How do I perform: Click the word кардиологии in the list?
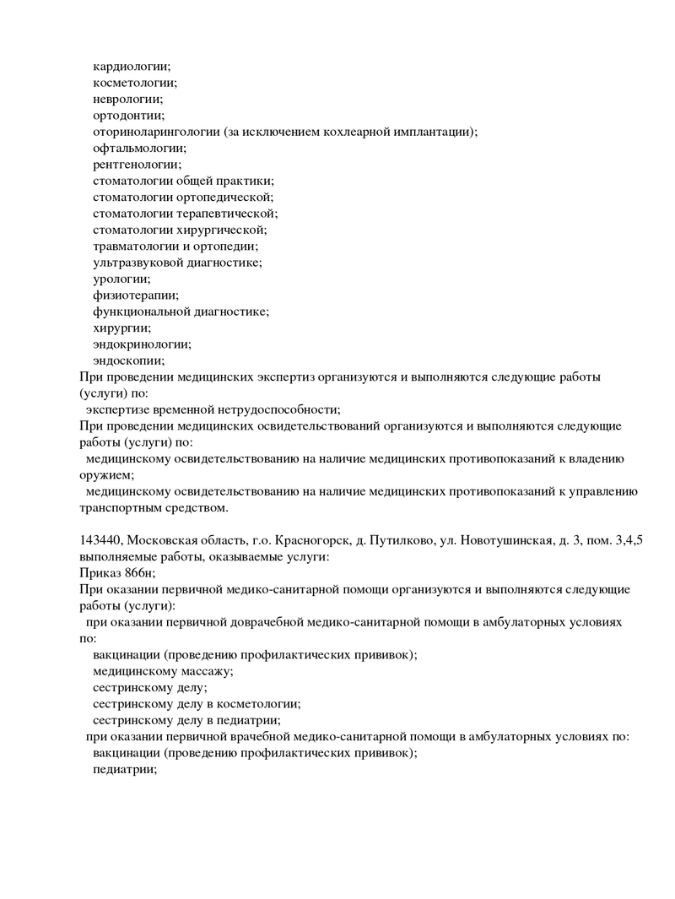click(x=131, y=66)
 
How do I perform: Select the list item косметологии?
click(x=134, y=83)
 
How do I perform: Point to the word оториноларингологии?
click(x=156, y=132)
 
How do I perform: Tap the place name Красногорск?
click(x=302, y=540)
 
